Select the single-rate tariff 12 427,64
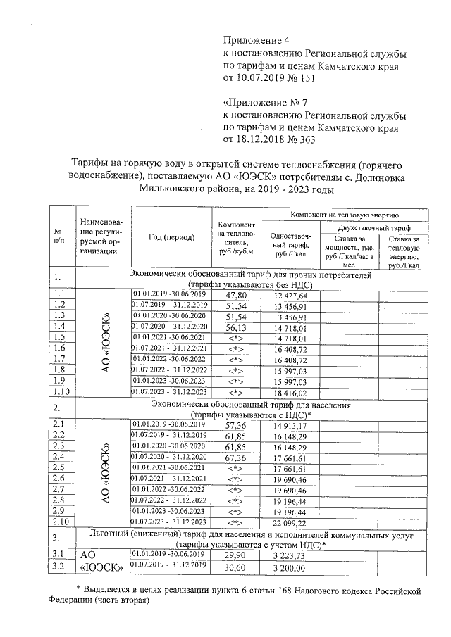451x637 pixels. pyautogui.click(x=291, y=295)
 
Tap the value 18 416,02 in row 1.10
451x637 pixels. pyautogui.click(x=291, y=393)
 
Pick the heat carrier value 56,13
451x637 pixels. pyautogui.click(x=235, y=327)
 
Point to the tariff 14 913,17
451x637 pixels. pyautogui.click(x=291, y=424)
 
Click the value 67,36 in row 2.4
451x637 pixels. pyautogui.click(x=235, y=458)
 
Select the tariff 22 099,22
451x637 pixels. pyautogui.click(x=291, y=522)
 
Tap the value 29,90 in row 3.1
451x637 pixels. pyautogui.click(x=235, y=555)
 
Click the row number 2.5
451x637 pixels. pyautogui.click(x=59, y=468)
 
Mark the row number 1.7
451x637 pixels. pyautogui.click(x=59, y=360)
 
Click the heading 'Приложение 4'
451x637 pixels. pyautogui.click(x=256, y=39)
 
